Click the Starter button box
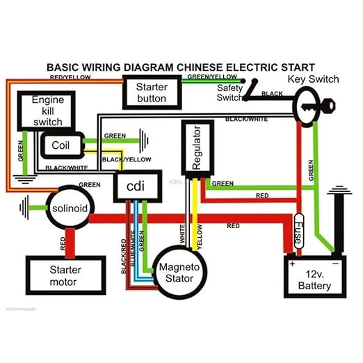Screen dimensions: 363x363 coord(152,92)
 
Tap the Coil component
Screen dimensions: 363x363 coord(63,145)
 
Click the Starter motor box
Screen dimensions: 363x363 coord(65,275)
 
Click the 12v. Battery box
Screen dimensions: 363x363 coord(315,276)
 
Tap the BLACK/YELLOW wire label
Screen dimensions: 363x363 coord(122,159)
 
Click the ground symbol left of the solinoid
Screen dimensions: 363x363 coord(26,207)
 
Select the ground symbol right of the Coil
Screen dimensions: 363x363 coord(144,140)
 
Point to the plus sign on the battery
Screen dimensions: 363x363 coord(292,264)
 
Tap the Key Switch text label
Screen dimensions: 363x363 coord(314,79)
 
